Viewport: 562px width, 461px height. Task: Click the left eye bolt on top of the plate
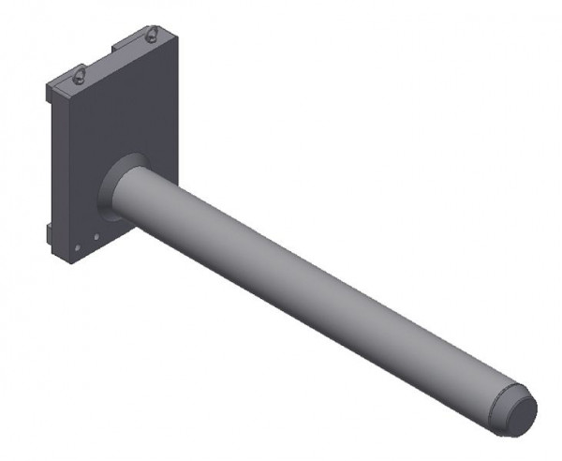coord(81,74)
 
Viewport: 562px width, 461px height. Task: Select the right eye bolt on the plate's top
coord(153,36)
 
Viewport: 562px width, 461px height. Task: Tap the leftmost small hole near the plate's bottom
coord(77,248)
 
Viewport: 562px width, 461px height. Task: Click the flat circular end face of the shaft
coord(520,412)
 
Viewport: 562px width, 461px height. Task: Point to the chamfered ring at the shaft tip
coord(503,404)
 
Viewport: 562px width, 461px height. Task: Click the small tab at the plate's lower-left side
coord(46,230)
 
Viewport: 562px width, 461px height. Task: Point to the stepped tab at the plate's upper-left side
coord(52,89)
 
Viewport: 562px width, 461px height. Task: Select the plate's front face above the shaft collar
coord(122,112)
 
